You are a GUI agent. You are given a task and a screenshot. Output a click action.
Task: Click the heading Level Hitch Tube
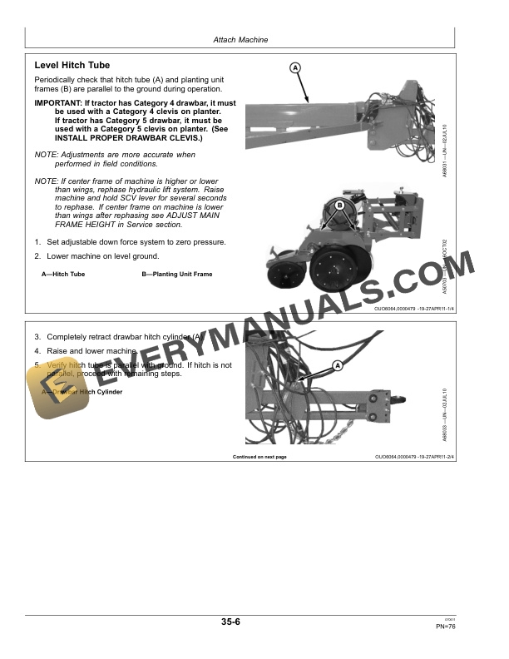click(x=72, y=66)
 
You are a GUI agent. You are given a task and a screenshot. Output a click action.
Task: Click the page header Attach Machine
click(x=240, y=39)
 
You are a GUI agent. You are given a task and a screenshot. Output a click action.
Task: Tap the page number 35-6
click(x=231, y=622)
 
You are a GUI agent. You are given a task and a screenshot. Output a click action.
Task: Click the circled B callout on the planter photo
click(x=340, y=206)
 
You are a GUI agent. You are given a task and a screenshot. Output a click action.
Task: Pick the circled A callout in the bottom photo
click(x=338, y=365)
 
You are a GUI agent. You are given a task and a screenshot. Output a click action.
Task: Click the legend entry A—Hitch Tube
click(x=63, y=274)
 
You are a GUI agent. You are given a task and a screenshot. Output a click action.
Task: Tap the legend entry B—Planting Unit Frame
click(x=177, y=274)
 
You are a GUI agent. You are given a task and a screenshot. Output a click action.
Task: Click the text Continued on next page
click(x=259, y=457)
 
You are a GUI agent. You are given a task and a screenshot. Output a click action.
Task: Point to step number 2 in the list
click(x=37, y=256)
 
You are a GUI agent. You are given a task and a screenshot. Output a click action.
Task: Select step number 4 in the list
click(x=37, y=351)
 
